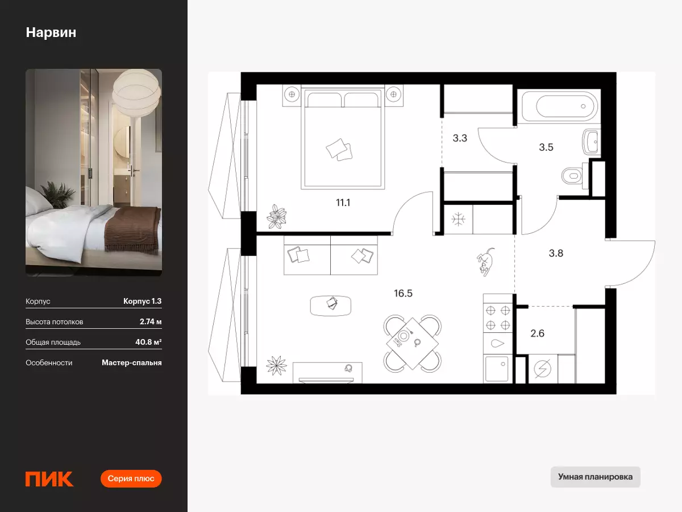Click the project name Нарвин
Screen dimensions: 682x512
click(51, 32)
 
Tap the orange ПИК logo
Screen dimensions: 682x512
click(49, 479)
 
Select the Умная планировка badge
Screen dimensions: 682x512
click(595, 477)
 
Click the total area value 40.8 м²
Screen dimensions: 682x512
click(148, 342)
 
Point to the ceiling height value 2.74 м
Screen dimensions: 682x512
click(151, 321)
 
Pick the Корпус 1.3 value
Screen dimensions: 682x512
click(142, 301)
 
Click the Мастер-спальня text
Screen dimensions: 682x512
click(132, 363)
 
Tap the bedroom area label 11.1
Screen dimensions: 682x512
click(343, 203)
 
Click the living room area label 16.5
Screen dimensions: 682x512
click(403, 293)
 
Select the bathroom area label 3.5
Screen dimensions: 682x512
click(546, 147)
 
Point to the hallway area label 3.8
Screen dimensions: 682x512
click(556, 253)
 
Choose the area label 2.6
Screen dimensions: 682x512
click(537, 333)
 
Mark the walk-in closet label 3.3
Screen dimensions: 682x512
click(460, 138)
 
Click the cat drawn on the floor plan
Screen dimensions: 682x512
click(485, 262)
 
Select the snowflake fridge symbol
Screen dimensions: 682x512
click(458, 220)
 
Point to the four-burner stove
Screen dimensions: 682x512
click(498, 317)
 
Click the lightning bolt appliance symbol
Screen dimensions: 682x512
click(543, 369)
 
